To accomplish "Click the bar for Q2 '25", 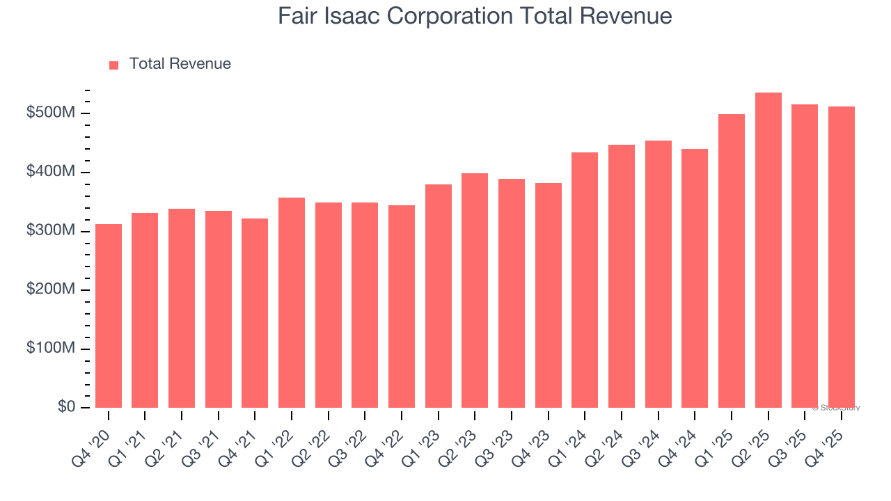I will (768, 250).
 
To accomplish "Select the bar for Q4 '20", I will (109, 316).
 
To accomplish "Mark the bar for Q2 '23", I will (475, 290).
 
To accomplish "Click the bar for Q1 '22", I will (292, 303).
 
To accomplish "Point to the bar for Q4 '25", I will (842, 257).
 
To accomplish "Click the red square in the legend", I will (114, 65).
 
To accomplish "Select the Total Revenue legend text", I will (180, 64).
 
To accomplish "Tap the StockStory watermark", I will (835, 408).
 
